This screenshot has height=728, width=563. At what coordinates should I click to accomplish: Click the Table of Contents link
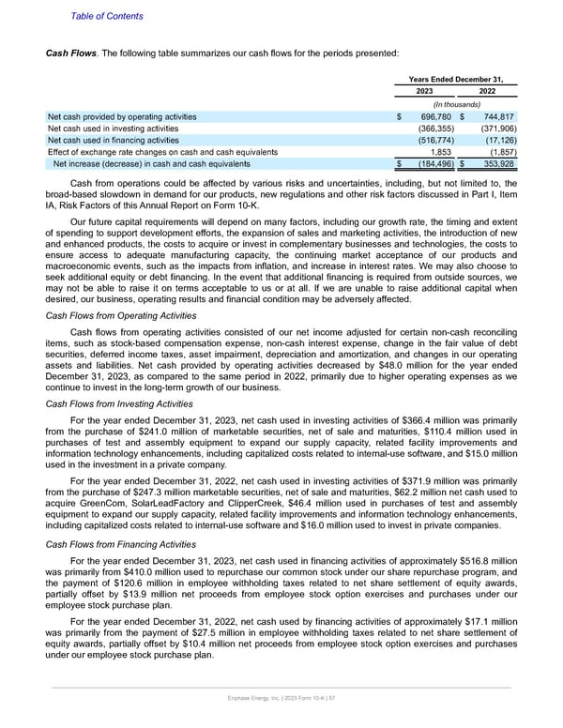107,16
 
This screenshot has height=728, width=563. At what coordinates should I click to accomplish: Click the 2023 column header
422,92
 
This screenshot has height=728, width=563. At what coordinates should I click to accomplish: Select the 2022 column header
487,92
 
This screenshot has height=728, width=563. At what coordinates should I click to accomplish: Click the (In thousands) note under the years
455,104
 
